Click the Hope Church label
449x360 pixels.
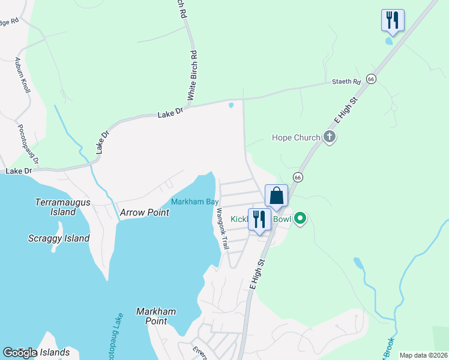pyautogui.click(x=296, y=137)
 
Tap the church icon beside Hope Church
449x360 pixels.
pyautogui.click(x=329, y=137)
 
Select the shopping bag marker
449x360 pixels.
pyautogui.click(x=276, y=196)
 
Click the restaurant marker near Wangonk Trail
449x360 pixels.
pyautogui.click(x=259, y=220)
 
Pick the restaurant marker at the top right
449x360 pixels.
pyautogui.click(x=393, y=20)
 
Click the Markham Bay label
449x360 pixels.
pyautogui.click(x=194, y=202)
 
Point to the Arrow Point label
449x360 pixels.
pyautogui.click(x=145, y=212)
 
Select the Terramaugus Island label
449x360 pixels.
pyautogui.click(x=63, y=207)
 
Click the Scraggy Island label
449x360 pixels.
pyautogui.click(x=59, y=238)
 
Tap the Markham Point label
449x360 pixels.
pyautogui.click(x=155, y=316)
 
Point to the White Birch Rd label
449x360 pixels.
pyautogui.click(x=192, y=75)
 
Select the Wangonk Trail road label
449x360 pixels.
pyautogui.click(x=223, y=229)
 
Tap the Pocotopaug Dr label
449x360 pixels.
pyautogui.click(x=28, y=144)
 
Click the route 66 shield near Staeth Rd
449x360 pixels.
pyautogui.click(x=372, y=79)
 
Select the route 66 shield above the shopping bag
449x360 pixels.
pyautogui.click(x=297, y=177)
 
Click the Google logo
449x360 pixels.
pyautogui.click(x=19, y=353)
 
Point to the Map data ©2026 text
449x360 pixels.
pyautogui.click(x=423, y=355)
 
